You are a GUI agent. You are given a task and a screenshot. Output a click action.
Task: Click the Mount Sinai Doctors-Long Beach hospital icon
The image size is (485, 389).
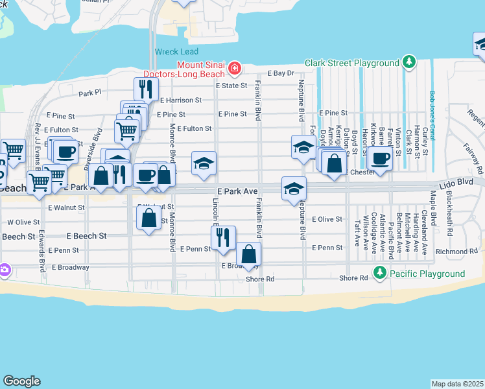(x=233, y=68)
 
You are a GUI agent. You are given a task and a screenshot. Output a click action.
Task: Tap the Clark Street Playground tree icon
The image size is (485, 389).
(x=409, y=63)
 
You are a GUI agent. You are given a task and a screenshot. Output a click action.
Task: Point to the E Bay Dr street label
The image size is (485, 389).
(x=280, y=74)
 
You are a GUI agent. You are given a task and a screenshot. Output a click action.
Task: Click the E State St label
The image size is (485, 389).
(x=231, y=85)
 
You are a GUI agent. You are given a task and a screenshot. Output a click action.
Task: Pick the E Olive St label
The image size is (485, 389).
(x=327, y=220)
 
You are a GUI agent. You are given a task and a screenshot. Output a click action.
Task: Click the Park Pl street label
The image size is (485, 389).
(x=90, y=93)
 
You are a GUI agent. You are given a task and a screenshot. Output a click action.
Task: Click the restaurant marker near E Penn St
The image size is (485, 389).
(x=222, y=238)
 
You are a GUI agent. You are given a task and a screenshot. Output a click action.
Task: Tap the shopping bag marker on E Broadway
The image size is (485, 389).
(x=248, y=253)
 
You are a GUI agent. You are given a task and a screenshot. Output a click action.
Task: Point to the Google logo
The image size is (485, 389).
(x=21, y=381)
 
